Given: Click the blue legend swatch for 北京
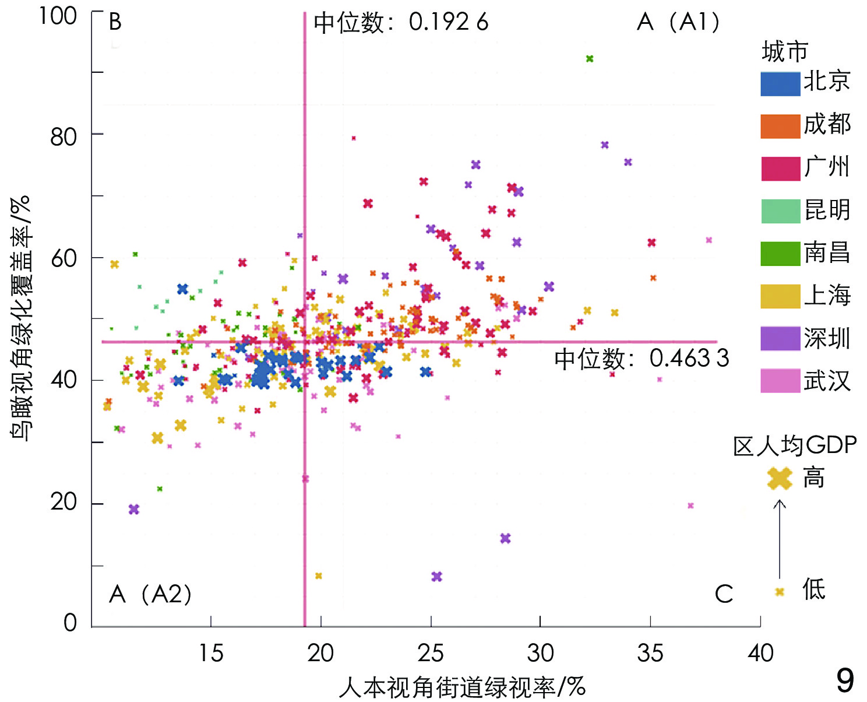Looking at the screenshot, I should [x=780, y=83].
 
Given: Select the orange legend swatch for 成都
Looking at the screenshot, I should [x=780, y=126].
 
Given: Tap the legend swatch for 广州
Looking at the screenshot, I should [x=780, y=169].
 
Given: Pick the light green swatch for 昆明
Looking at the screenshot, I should [x=780, y=211].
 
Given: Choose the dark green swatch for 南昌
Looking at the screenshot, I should [x=780, y=254].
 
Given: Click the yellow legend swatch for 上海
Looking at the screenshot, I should [x=780, y=296].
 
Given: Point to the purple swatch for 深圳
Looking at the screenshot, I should [x=780, y=339].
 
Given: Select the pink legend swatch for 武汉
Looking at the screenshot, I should [x=780, y=381].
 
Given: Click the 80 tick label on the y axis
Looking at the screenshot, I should [x=64, y=137].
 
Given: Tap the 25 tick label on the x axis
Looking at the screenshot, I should [x=431, y=653].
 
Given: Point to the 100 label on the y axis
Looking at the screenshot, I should [x=58, y=16].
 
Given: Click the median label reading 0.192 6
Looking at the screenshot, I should [x=401, y=23].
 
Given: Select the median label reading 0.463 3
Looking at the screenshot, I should [x=642, y=358].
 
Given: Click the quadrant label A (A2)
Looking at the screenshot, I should [x=150, y=594].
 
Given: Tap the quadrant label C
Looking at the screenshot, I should [x=724, y=594].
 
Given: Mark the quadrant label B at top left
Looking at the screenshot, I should [x=115, y=22].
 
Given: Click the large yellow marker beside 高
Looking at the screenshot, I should [x=780, y=479].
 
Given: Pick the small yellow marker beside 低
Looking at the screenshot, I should [x=780, y=592].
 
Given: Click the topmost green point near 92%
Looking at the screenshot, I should [x=590, y=59].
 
